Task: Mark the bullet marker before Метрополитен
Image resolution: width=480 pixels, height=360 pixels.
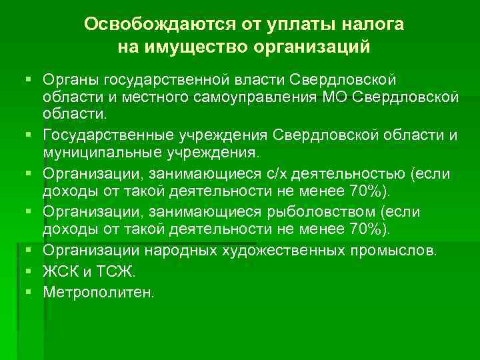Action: click(29, 291)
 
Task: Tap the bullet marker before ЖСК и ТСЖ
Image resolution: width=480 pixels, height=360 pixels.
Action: click(29, 272)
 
